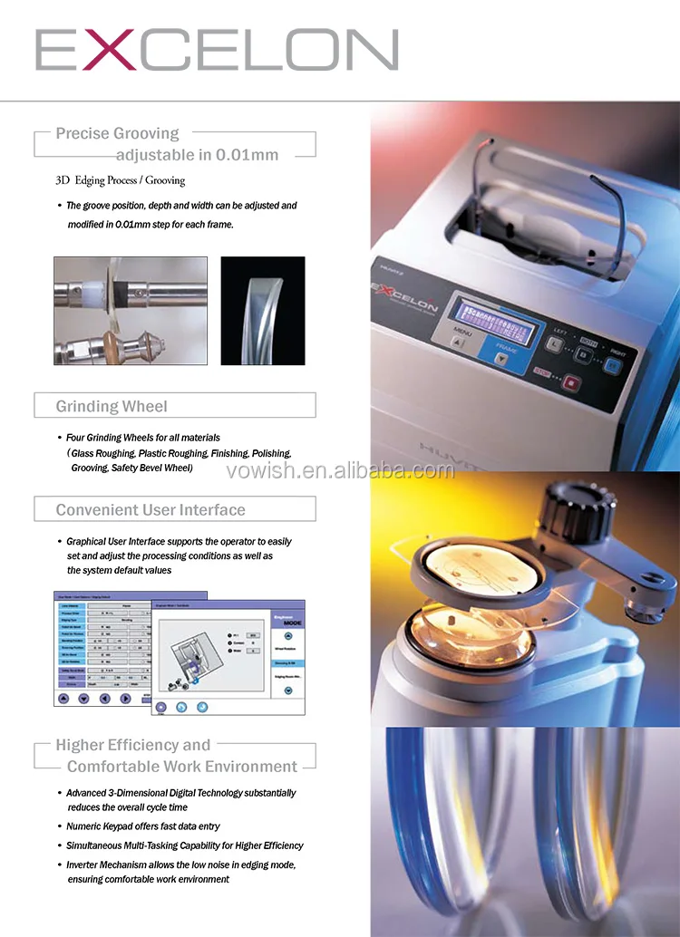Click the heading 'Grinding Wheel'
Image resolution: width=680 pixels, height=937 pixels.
(112, 406)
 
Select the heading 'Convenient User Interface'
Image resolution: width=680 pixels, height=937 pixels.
(151, 510)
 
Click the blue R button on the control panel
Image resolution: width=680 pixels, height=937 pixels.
(614, 366)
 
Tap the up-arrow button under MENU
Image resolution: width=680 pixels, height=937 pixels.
(456, 343)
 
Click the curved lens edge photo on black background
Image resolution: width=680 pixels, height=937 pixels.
(263, 311)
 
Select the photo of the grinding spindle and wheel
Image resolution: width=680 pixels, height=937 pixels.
(130, 311)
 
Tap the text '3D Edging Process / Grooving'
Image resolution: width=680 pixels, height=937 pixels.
(121, 180)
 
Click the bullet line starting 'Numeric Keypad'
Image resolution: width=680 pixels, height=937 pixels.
(143, 826)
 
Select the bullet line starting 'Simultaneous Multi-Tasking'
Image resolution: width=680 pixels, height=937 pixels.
(185, 845)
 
